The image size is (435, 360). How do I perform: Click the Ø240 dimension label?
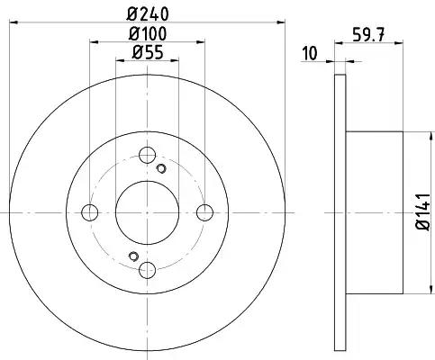tap(148, 13)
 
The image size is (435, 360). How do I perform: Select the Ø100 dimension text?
tap(148, 33)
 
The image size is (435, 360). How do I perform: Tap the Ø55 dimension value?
tap(148, 52)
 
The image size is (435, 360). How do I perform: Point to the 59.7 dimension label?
tap(368, 35)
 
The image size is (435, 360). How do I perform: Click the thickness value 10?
tap(310, 53)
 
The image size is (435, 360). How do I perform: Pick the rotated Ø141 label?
tap(423, 211)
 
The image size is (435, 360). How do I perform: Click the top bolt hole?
tap(147, 155)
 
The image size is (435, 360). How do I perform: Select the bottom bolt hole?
tap(148, 270)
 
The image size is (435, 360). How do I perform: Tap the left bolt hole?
tap(89, 212)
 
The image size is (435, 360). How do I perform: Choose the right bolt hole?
tap(204, 212)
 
